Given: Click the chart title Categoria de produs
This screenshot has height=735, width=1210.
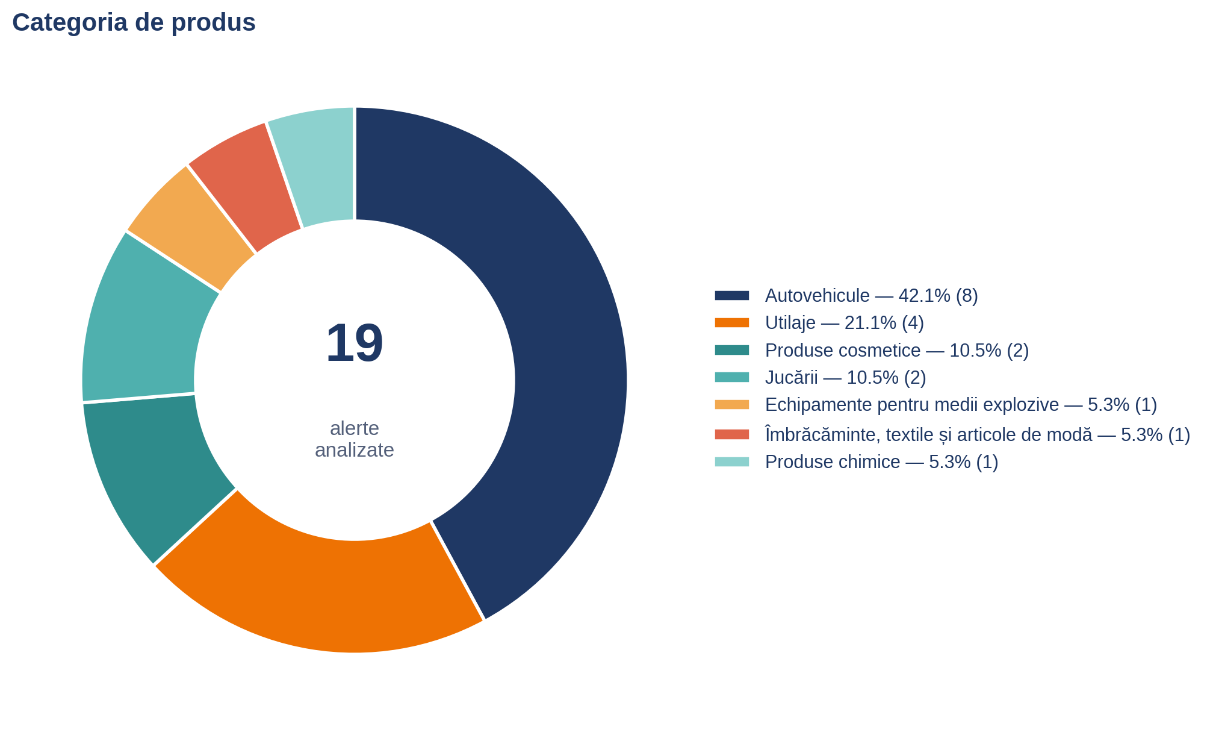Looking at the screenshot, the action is pyautogui.click(x=134, y=23).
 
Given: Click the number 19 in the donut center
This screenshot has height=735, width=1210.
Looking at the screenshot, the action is pyautogui.click(x=355, y=343).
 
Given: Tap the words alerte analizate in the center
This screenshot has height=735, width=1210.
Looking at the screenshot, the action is pyautogui.click(x=355, y=439).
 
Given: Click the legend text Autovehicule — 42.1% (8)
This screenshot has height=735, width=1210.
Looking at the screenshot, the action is pyautogui.click(x=872, y=296).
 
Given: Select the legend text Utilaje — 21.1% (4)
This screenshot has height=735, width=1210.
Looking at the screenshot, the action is pyautogui.click(x=845, y=323).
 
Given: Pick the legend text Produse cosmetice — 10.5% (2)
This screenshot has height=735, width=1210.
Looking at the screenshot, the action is pyautogui.click(x=897, y=351).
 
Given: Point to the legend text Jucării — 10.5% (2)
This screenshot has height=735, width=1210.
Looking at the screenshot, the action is pyautogui.click(x=846, y=378).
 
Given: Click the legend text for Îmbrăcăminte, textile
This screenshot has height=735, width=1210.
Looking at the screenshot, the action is pyautogui.click(x=978, y=434).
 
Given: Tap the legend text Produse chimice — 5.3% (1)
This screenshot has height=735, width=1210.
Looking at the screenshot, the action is pyautogui.click(x=882, y=462).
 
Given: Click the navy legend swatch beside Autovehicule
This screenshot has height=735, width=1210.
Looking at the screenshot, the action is pyautogui.click(x=732, y=295).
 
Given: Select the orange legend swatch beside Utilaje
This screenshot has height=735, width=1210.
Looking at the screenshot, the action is pyautogui.click(x=732, y=323).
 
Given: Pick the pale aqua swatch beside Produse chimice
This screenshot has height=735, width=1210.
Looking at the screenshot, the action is pyautogui.click(x=732, y=462).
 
